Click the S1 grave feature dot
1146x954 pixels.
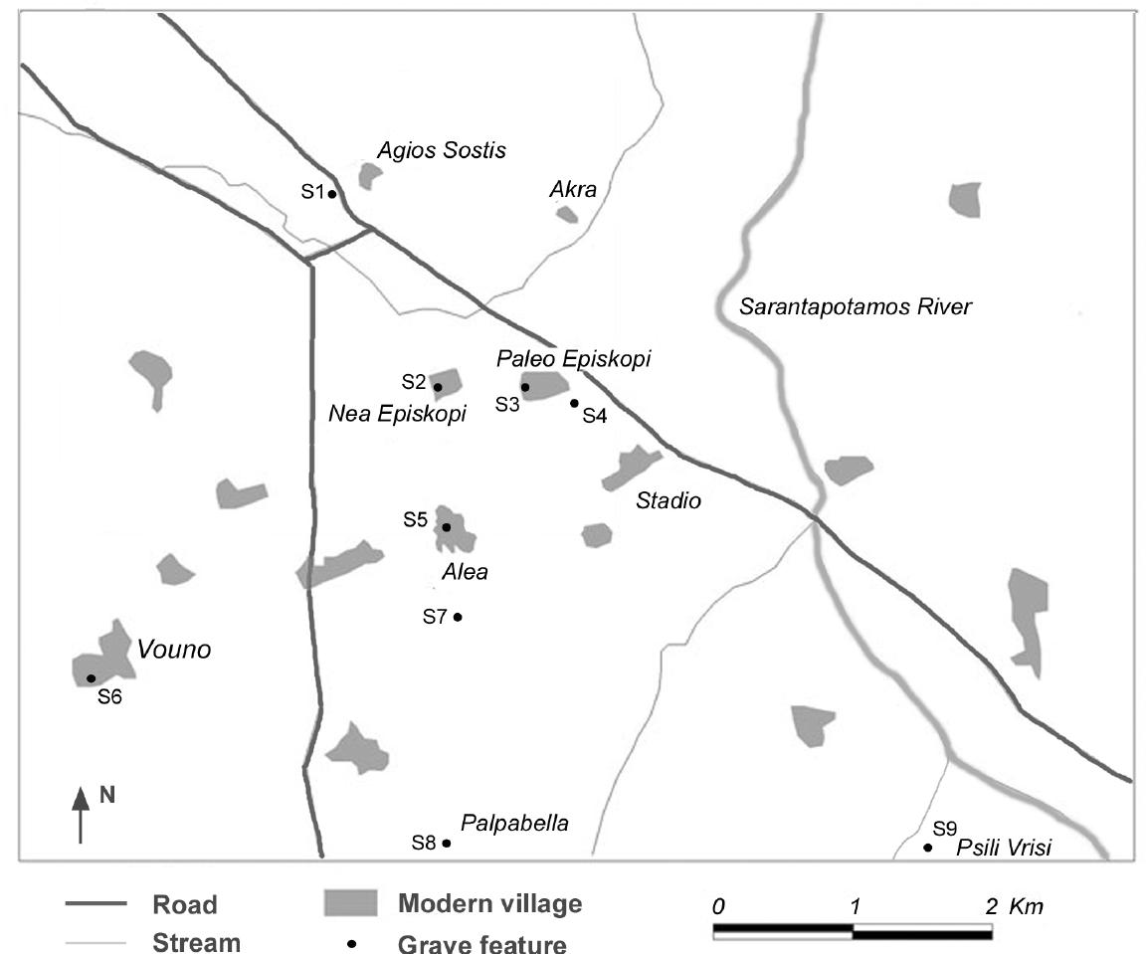(333, 194)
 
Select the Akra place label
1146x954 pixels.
(573, 189)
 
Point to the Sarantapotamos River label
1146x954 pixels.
(855, 306)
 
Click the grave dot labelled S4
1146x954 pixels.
(574, 403)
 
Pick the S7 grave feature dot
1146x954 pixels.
(458, 617)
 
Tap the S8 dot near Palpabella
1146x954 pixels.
(447, 844)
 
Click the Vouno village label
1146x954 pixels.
(175, 650)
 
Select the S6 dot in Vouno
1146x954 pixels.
(92, 678)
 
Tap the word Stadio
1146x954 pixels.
(668, 500)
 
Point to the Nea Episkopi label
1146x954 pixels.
(397, 415)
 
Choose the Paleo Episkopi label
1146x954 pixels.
(573, 359)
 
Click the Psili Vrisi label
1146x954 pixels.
(1003, 848)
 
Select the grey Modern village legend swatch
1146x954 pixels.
(350, 904)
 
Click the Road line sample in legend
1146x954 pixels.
(96, 904)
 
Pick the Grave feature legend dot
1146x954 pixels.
(351, 943)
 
